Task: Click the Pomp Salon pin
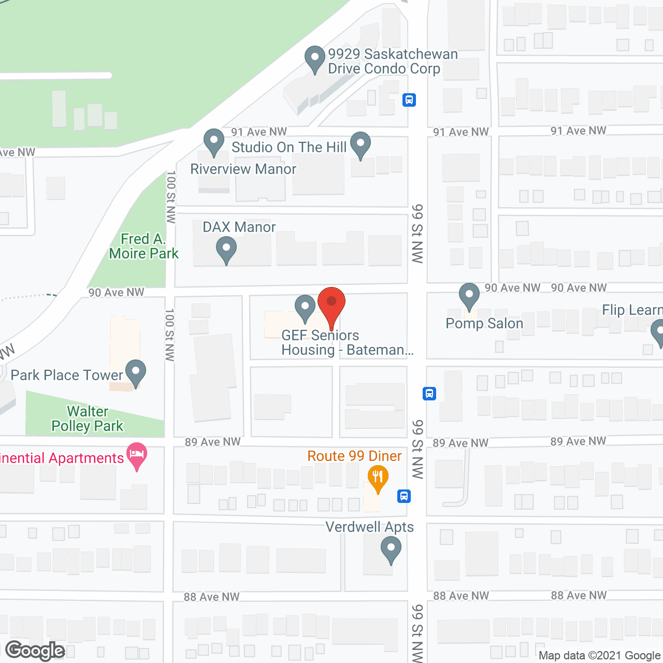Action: [x=469, y=297]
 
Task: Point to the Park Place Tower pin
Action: [x=136, y=373]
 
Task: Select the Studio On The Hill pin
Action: [x=361, y=146]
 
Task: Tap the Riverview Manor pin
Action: [x=213, y=142]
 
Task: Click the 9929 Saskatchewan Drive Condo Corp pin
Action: [x=314, y=60]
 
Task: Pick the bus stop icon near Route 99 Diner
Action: [x=404, y=496]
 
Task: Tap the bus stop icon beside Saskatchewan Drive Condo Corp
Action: [x=409, y=99]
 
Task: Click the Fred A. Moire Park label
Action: [x=143, y=246]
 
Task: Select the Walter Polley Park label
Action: [x=88, y=419]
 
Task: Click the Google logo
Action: [x=35, y=651]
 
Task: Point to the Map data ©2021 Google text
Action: [x=600, y=656]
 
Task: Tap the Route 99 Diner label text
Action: [x=354, y=456]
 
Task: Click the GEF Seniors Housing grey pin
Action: [x=305, y=308]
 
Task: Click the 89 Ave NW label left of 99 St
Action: [x=212, y=442]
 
